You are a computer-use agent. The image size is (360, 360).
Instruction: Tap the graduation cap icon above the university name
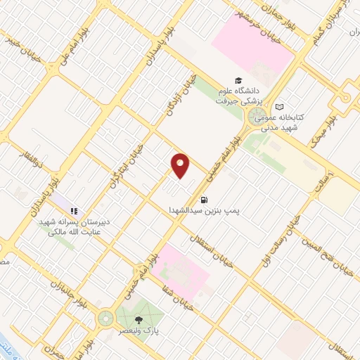tap(239, 81)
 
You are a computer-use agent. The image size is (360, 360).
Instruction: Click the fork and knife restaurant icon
tap(74, 210)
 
